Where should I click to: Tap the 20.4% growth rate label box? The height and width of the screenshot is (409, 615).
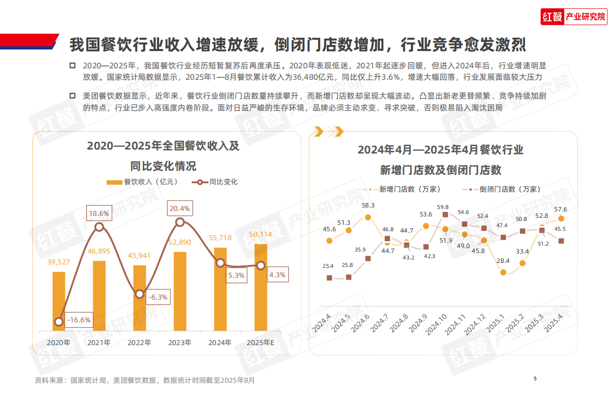180,208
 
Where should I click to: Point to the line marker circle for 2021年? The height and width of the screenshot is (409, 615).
99,227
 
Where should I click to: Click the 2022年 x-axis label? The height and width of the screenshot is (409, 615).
139,343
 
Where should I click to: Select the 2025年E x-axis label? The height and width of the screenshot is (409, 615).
260,343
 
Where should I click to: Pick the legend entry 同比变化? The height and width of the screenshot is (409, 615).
216,182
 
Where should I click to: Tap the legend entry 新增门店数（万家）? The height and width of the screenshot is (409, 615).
402,189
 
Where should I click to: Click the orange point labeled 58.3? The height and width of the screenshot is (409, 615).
368,217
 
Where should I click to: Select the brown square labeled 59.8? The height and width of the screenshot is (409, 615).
445,214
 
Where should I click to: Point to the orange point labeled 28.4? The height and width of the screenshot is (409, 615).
503,272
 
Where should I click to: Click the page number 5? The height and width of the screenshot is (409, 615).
535,379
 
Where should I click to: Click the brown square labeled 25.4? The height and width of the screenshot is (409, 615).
329,278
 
